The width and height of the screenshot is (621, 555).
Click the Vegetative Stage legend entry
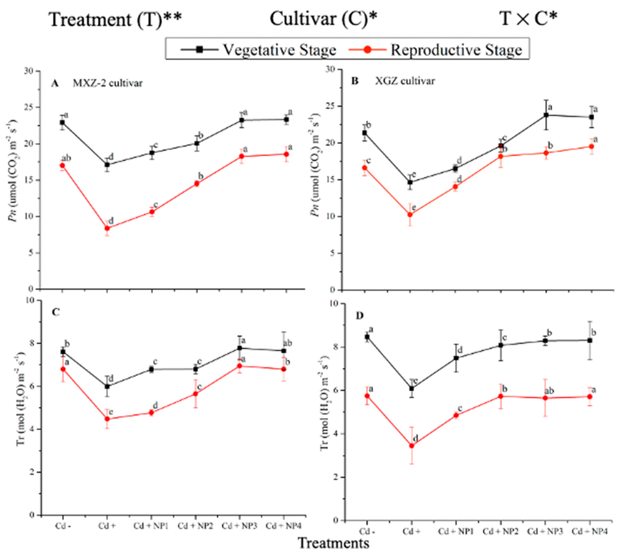coord(279,50)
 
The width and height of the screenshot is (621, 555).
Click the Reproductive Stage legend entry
coord(456,50)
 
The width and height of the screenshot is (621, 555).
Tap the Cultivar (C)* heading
coord(323,19)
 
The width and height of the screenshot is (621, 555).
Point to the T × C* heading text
coord(528,19)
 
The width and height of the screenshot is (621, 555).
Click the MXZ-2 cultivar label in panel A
coord(107,83)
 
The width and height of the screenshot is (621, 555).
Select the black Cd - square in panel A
coord(62,122)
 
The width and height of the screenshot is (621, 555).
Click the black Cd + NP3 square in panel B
coord(546,115)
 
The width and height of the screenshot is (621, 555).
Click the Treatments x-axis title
coord(333,543)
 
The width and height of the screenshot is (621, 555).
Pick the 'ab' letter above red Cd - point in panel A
coord(66,158)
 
